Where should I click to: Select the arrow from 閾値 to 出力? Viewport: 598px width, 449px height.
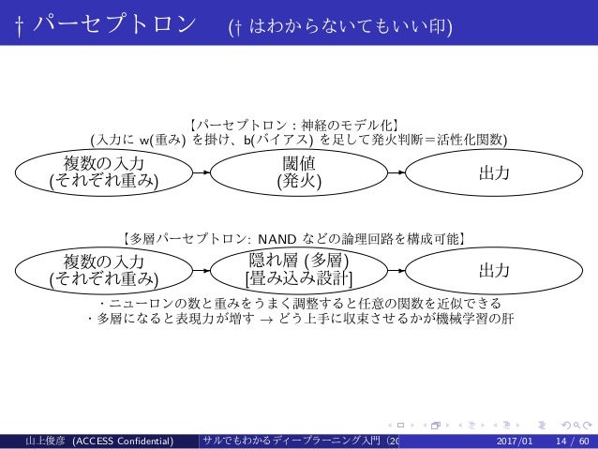coord(395,173)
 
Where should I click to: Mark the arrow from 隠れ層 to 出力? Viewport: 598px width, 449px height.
coord(395,270)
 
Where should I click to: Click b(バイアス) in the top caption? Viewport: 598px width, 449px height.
coord(276,141)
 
